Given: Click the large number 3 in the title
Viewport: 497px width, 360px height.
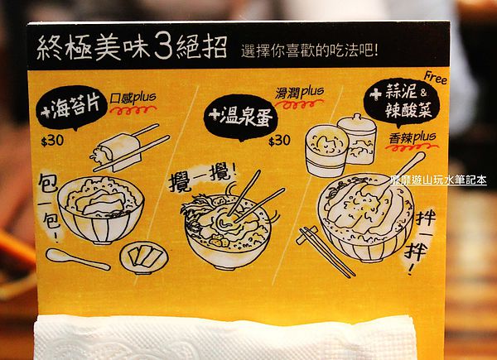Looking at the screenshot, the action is click(x=163, y=47).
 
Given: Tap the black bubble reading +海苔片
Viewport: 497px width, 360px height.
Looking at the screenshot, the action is click(x=71, y=108).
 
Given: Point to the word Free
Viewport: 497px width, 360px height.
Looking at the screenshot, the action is click(x=436, y=78).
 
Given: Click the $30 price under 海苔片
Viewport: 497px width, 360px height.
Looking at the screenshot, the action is click(x=52, y=141).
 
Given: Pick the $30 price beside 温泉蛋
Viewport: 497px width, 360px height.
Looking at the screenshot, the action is click(x=279, y=140).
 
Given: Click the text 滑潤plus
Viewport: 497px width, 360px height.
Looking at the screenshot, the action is click(x=300, y=93).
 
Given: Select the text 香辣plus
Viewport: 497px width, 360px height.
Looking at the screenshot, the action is click(x=413, y=138).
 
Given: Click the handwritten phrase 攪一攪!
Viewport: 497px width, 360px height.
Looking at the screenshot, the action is click(x=202, y=179).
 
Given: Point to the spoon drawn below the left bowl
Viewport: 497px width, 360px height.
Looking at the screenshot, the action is click(x=78, y=259).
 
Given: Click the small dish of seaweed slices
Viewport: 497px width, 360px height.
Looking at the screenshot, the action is click(x=143, y=257).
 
